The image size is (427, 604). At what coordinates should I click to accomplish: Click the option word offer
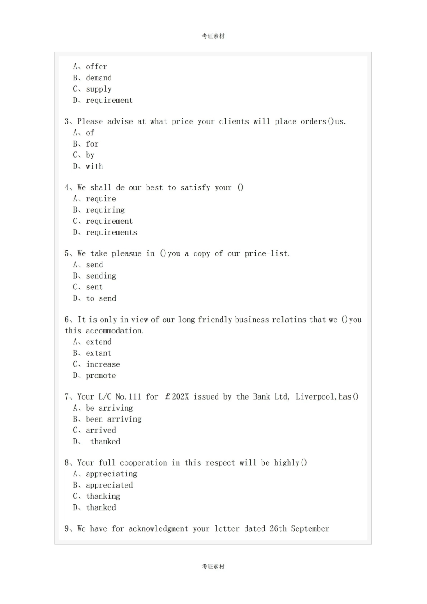click(97, 67)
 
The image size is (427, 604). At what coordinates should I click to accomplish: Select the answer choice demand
click(99, 78)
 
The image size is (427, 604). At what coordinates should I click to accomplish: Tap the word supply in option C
click(99, 89)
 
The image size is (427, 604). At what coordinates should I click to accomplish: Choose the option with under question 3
click(94, 167)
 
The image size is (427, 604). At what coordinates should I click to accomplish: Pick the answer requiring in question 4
click(105, 210)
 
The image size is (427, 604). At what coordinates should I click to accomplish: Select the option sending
click(101, 276)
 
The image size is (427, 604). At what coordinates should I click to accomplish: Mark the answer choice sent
click(94, 288)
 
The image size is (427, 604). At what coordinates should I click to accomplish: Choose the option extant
click(98, 354)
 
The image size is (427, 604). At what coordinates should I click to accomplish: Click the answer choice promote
click(101, 376)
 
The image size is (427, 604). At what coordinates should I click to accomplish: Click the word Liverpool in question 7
click(315, 397)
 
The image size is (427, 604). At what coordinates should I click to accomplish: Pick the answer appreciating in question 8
click(111, 474)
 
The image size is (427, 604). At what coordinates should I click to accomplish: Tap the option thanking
click(103, 497)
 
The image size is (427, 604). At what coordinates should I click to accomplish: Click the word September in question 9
click(310, 529)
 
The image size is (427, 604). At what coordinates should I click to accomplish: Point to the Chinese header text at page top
click(213, 36)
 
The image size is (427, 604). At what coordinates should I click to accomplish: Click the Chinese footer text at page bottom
click(213, 567)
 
